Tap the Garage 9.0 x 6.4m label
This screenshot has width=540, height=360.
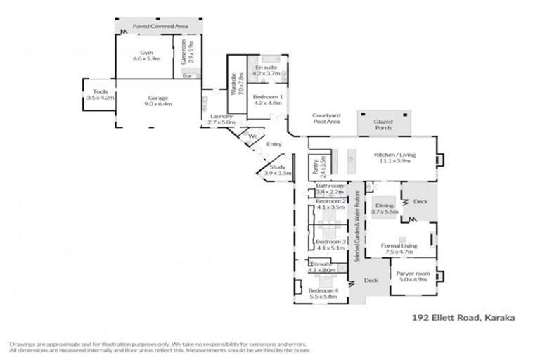tap(157, 101)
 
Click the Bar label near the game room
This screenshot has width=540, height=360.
tap(188, 76)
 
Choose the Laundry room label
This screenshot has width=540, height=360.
tap(221, 120)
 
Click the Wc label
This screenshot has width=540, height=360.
tap(252, 136)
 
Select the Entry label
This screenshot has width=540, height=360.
tap(274, 144)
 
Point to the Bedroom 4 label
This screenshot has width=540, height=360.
tap(323, 295)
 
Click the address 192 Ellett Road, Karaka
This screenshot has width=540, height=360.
tap(463, 318)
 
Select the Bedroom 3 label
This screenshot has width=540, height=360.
tap(330, 245)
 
